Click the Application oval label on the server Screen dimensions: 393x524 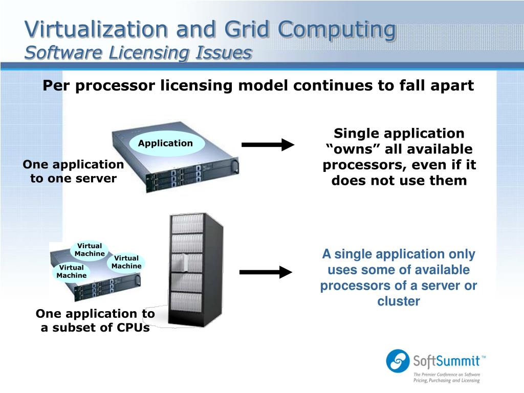click(165, 143)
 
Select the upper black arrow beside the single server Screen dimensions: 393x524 click(268, 145)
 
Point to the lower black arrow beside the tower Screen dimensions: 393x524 click(266, 272)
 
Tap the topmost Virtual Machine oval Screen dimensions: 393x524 click(90, 250)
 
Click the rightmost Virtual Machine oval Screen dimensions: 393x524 click(126, 262)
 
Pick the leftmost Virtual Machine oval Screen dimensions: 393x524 click(72, 272)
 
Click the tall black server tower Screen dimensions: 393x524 click(196, 269)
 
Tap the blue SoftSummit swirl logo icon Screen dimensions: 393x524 click(398, 360)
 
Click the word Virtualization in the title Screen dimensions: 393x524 click(97, 29)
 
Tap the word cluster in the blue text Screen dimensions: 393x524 click(399, 301)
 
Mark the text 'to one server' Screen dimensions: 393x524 click(73, 179)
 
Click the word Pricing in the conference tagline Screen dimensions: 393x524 click(422, 381)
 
